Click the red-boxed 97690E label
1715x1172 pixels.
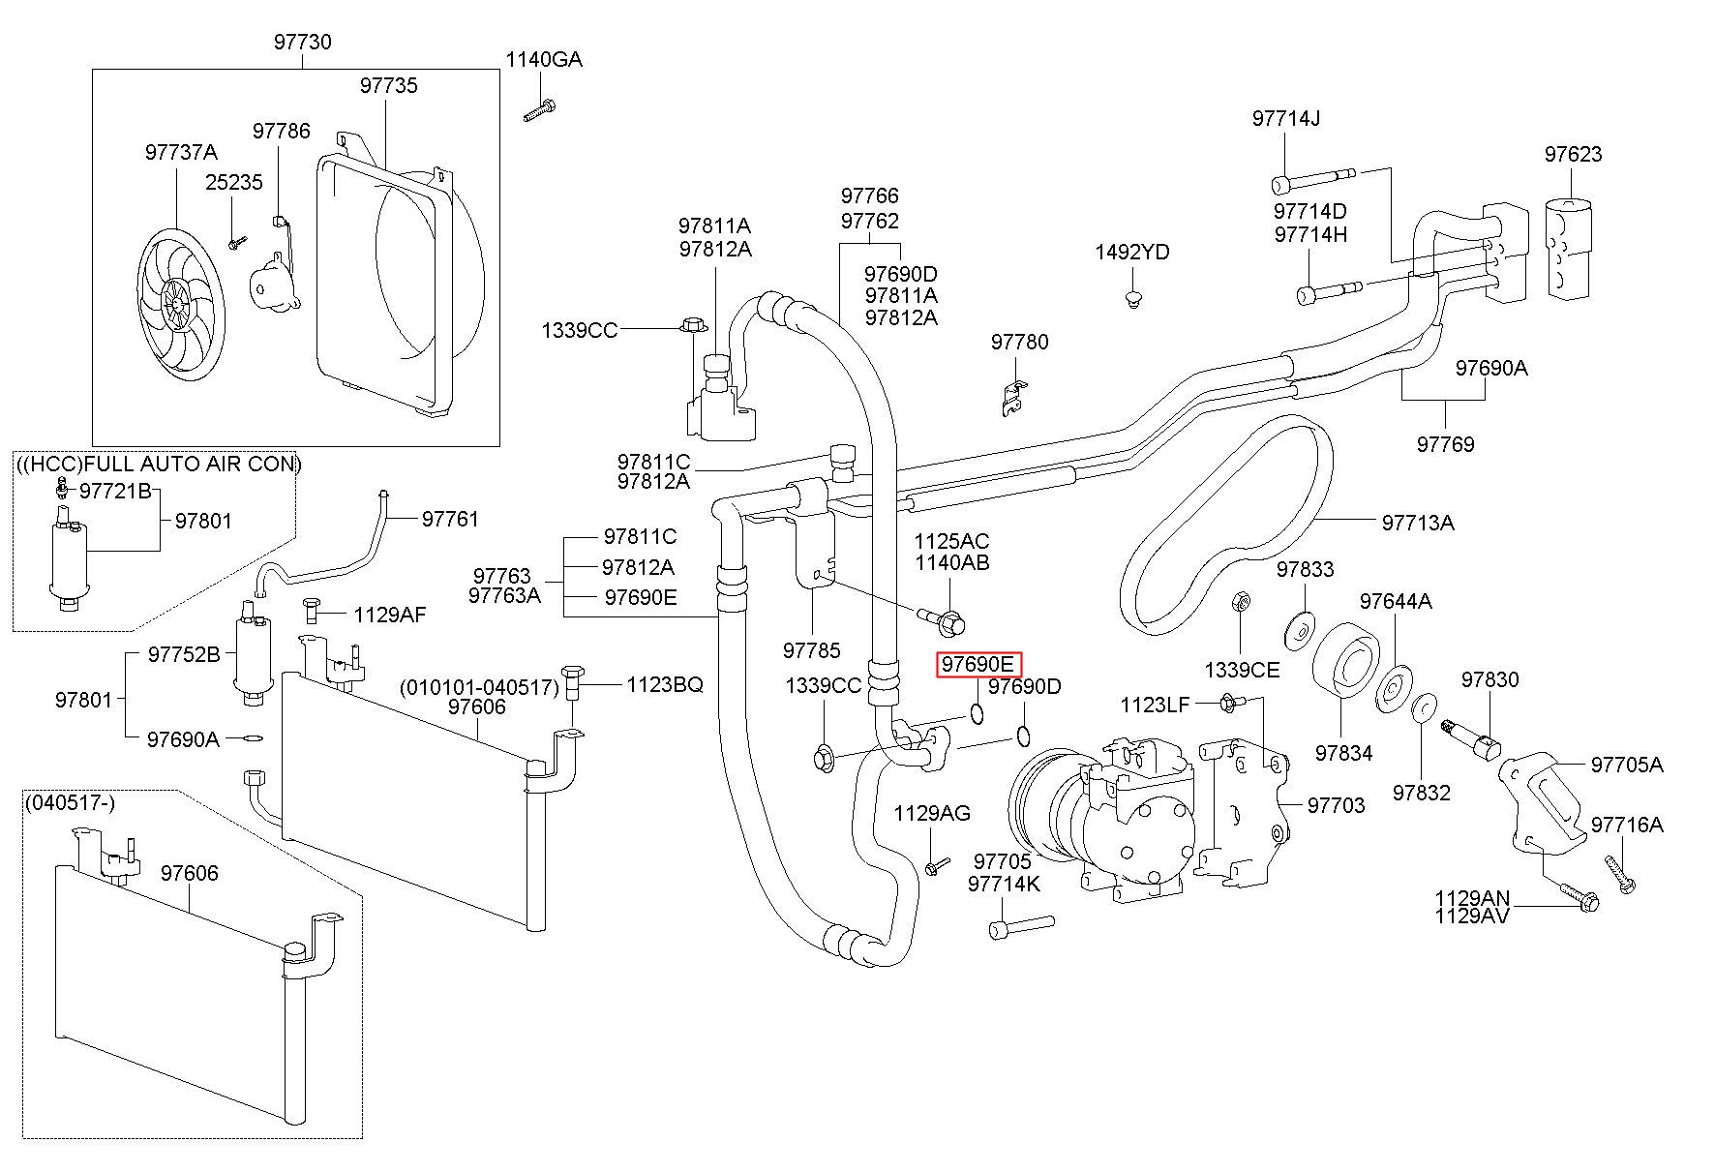(978, 665)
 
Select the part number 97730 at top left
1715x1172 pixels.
(302, 42)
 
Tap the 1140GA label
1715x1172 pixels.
(544, 60)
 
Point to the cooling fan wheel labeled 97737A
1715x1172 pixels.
(178, 302)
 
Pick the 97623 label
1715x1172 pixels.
(1573, 154)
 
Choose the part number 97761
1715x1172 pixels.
(450, 520)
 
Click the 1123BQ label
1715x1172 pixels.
(665, 685)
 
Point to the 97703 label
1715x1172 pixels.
(1336, 805)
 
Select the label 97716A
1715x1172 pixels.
(1627, 826)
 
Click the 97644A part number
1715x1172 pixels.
(1396, 601)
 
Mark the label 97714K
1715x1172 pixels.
(1005, 884)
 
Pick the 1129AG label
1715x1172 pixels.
(932, 814)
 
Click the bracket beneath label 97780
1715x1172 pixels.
(1013, 392)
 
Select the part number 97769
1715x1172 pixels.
(1446, 444)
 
